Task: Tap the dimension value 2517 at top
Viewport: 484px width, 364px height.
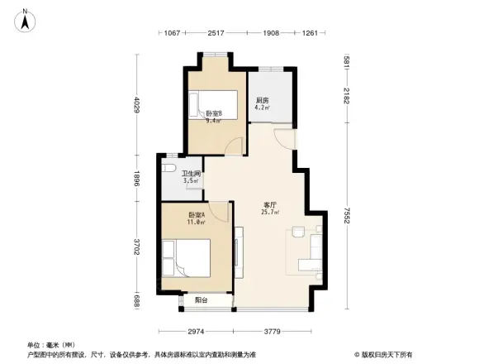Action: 216,33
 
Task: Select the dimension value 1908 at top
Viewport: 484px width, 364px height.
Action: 271,33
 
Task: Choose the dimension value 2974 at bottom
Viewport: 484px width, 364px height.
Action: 197,332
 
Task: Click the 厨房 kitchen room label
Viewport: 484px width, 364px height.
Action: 262,101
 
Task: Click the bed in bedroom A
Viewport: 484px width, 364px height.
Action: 187,259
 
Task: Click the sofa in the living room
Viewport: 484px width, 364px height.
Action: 315,252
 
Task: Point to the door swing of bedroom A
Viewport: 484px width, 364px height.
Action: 219,213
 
